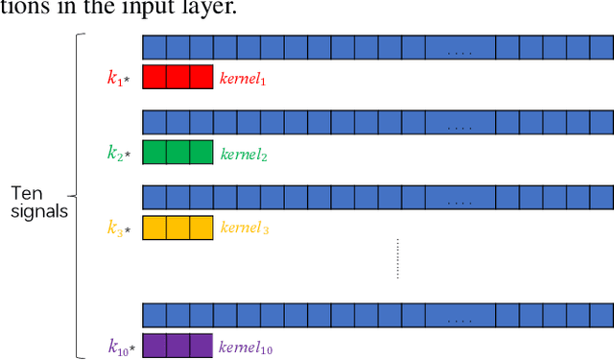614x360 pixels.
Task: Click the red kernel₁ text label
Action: [242, 78]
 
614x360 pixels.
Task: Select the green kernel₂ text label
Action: [242, 153]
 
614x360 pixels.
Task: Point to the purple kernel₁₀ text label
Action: [247, 347]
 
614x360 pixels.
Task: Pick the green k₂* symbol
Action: [121, 153]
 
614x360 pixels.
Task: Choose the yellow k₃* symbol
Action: [121, 228]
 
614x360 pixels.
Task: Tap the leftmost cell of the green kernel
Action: [154, 153]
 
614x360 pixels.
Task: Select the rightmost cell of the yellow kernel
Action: [201, 228]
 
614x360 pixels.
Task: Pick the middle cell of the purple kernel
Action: [177, 346]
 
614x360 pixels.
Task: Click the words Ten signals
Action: [38, 204]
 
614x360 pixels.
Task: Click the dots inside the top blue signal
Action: [460, 47]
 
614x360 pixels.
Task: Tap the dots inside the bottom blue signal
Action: [460, 316]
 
